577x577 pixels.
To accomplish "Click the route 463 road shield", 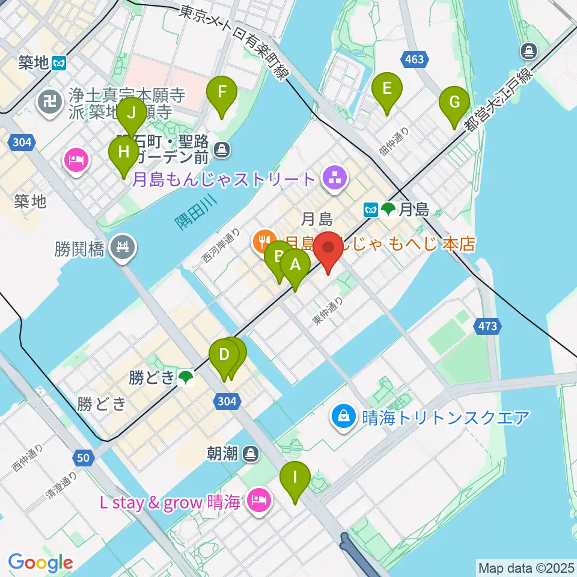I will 414,60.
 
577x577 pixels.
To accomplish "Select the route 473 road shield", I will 488,326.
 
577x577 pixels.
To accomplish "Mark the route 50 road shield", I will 84,458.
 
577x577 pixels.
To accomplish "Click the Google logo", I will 40,563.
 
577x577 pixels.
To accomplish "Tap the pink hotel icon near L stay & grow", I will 260,500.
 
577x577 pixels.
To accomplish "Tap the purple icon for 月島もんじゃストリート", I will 331,177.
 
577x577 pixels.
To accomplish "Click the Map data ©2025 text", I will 526,567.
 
